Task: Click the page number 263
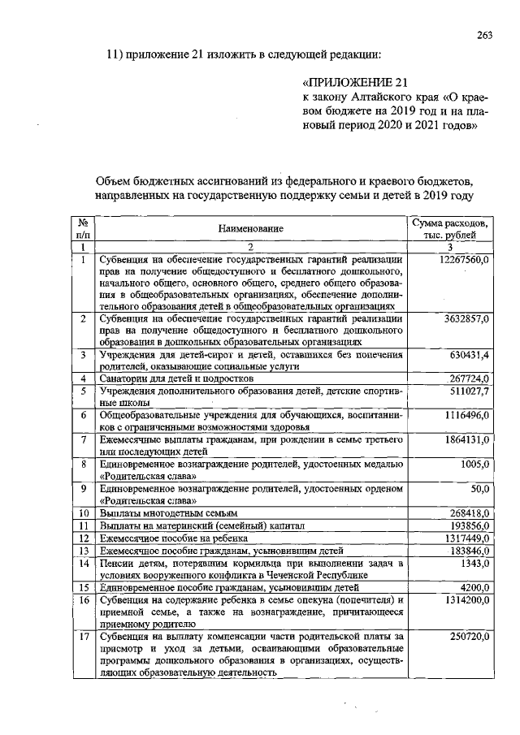(485, 34)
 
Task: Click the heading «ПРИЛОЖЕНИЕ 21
(353, 83)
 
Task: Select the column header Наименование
(250, 229)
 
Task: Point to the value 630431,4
(469, 355)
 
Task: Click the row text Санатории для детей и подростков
(177, 378)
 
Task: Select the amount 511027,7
(469, 391)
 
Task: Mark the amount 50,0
(479, 488)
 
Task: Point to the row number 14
(83, 563)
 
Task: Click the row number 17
(83, 638)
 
